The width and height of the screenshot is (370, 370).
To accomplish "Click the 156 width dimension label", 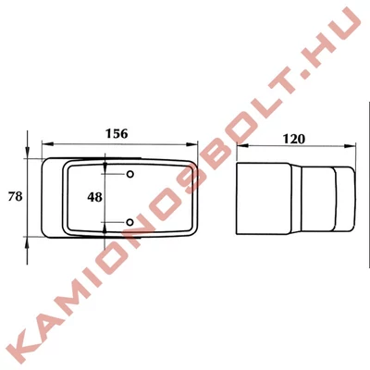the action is tap(117, 134).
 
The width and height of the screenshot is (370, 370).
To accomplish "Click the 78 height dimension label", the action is tap(15, 196).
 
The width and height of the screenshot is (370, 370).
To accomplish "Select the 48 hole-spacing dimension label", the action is tap(94, 197).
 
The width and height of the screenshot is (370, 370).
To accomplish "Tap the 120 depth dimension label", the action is tap(294, 140).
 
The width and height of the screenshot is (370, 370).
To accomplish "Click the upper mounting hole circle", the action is tap(130, 174).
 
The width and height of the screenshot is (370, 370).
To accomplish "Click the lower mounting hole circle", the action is tap(130, 222).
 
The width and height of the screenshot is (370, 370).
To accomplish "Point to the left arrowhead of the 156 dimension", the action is tap(48, 143).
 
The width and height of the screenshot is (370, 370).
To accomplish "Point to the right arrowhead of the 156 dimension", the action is tap(191, 144).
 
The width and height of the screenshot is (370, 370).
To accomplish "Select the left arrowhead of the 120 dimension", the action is tap(242, 145).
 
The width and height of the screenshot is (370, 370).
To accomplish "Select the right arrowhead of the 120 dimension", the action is tap(350, 145).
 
